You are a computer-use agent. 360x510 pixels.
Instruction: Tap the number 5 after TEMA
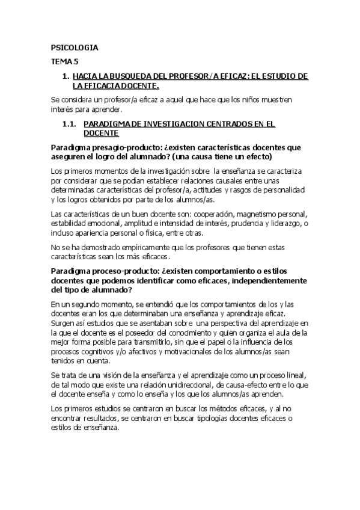coord(76,61)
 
